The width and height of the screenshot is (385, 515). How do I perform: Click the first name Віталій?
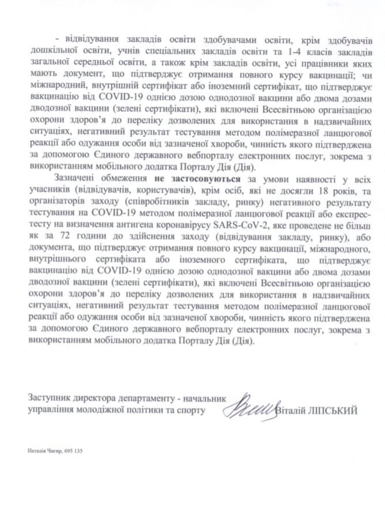pos(294,410)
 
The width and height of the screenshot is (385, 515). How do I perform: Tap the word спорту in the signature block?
pos(191,410)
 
